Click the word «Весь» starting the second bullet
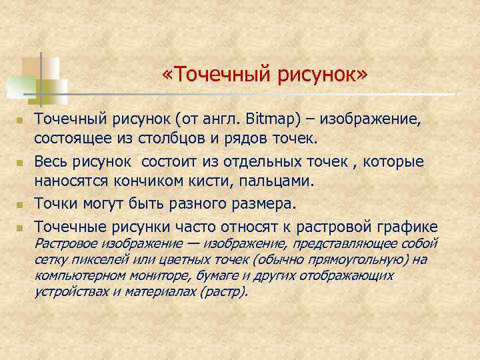[x=50, y=162]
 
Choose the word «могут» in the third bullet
[x=100, y=202]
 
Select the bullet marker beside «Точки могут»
[x=20, y=203]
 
